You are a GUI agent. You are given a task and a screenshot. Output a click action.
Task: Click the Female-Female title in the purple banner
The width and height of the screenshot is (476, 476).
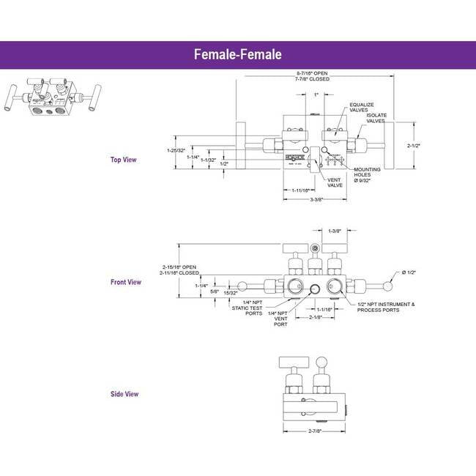pos(238,54)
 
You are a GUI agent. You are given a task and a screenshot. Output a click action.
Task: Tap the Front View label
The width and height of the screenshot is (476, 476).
pos(125,282)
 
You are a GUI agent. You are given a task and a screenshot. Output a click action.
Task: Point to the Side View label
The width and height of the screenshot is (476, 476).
pos(124,394)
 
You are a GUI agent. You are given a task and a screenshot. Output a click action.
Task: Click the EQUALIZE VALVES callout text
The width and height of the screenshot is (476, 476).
pos(362,108)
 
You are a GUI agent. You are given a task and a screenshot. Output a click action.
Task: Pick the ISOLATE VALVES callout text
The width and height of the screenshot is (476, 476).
pos(377,119)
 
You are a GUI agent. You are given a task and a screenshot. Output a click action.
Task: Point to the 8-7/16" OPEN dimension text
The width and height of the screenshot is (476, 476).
pos(313,74)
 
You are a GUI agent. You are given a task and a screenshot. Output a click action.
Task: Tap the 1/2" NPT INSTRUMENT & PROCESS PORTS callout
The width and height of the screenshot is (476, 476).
pos(386,307)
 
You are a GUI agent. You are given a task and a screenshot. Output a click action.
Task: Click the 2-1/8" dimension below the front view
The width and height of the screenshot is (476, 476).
pos(315,318)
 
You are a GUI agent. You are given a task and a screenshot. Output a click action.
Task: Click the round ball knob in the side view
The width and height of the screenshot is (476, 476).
pos(322,361)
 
